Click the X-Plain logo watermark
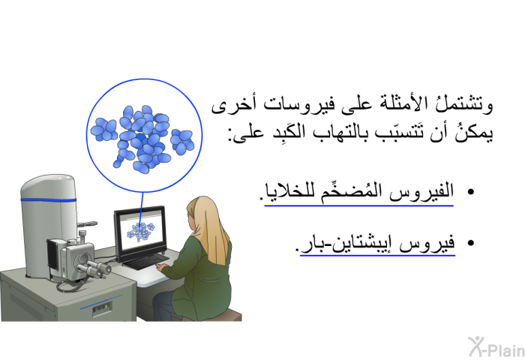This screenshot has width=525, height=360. click(496, 347)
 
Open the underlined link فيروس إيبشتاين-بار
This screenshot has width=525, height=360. click(377, 244)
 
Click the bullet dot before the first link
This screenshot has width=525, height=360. click(470, 192)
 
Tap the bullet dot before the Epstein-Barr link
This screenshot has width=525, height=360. click(470, 244)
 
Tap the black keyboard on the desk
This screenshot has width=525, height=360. click(147, 262)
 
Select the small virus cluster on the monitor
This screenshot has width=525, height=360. click(140, 232)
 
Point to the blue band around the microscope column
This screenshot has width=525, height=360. click(48, 200)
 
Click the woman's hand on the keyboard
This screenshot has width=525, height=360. click(161, 267)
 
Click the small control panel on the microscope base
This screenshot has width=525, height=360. click(102, 307)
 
